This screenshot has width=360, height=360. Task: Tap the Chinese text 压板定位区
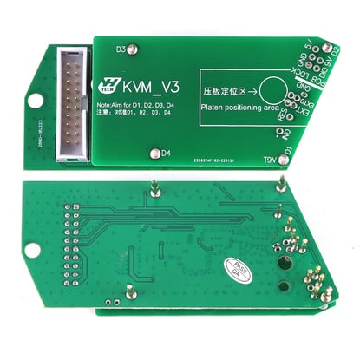coord(226,88)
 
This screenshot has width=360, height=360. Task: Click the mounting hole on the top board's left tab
coord(36,101)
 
